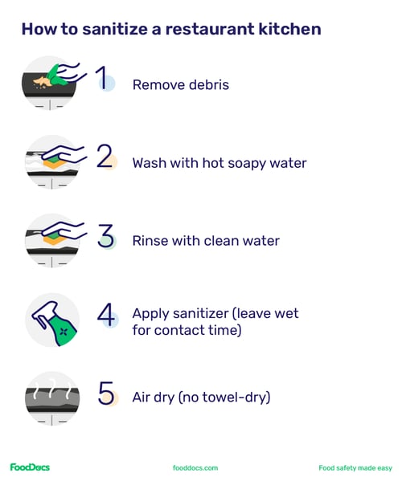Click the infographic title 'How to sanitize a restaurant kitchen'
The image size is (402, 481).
(170, 30)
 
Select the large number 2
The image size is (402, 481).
(105, 157)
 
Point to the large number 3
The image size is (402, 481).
(105, 235)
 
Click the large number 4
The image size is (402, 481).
(105, 314)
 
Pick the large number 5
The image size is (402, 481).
(105, 393)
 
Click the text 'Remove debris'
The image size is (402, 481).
(180, 84)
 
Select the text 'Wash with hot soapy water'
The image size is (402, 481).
(219, 163)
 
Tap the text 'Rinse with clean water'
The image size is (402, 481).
(205, 241)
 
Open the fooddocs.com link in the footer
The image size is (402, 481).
(195, 467)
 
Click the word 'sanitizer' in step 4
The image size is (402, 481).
(203, 313)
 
